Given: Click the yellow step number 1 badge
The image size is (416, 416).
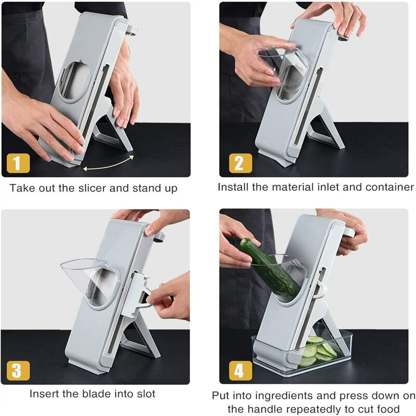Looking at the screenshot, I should click(x=18, y=163).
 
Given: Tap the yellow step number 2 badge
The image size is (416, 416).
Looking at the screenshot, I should click(x=240, y=163).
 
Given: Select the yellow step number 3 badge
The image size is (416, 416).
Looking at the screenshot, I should click(x=18, y=370).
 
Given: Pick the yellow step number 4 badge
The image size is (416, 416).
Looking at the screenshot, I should click(x=240, y=370).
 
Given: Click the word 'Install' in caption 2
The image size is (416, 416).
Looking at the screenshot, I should click(x=233, y=187).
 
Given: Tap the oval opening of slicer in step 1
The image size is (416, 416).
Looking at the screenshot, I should click(x=75, y=81).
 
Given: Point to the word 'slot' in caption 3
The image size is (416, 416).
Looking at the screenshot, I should click(x=145, y=394).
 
